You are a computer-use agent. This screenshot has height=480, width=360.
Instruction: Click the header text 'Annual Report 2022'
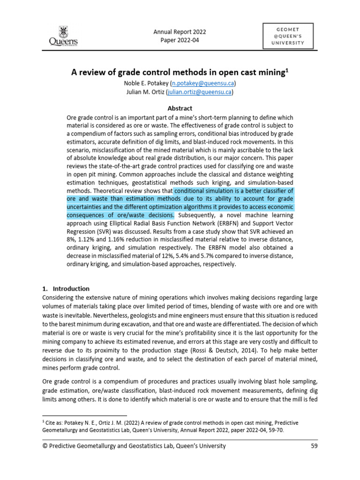point(180,32)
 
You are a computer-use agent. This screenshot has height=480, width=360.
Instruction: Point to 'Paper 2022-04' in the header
point(180,40)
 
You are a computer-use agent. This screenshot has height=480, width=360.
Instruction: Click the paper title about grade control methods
point(178,73)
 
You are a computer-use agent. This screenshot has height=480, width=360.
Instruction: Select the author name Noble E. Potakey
point(145,83)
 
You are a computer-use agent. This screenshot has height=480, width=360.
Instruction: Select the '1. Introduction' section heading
point(66,288)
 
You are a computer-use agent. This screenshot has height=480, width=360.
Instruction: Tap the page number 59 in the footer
point(314,446)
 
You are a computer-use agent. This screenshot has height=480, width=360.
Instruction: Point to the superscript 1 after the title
point(287,70)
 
